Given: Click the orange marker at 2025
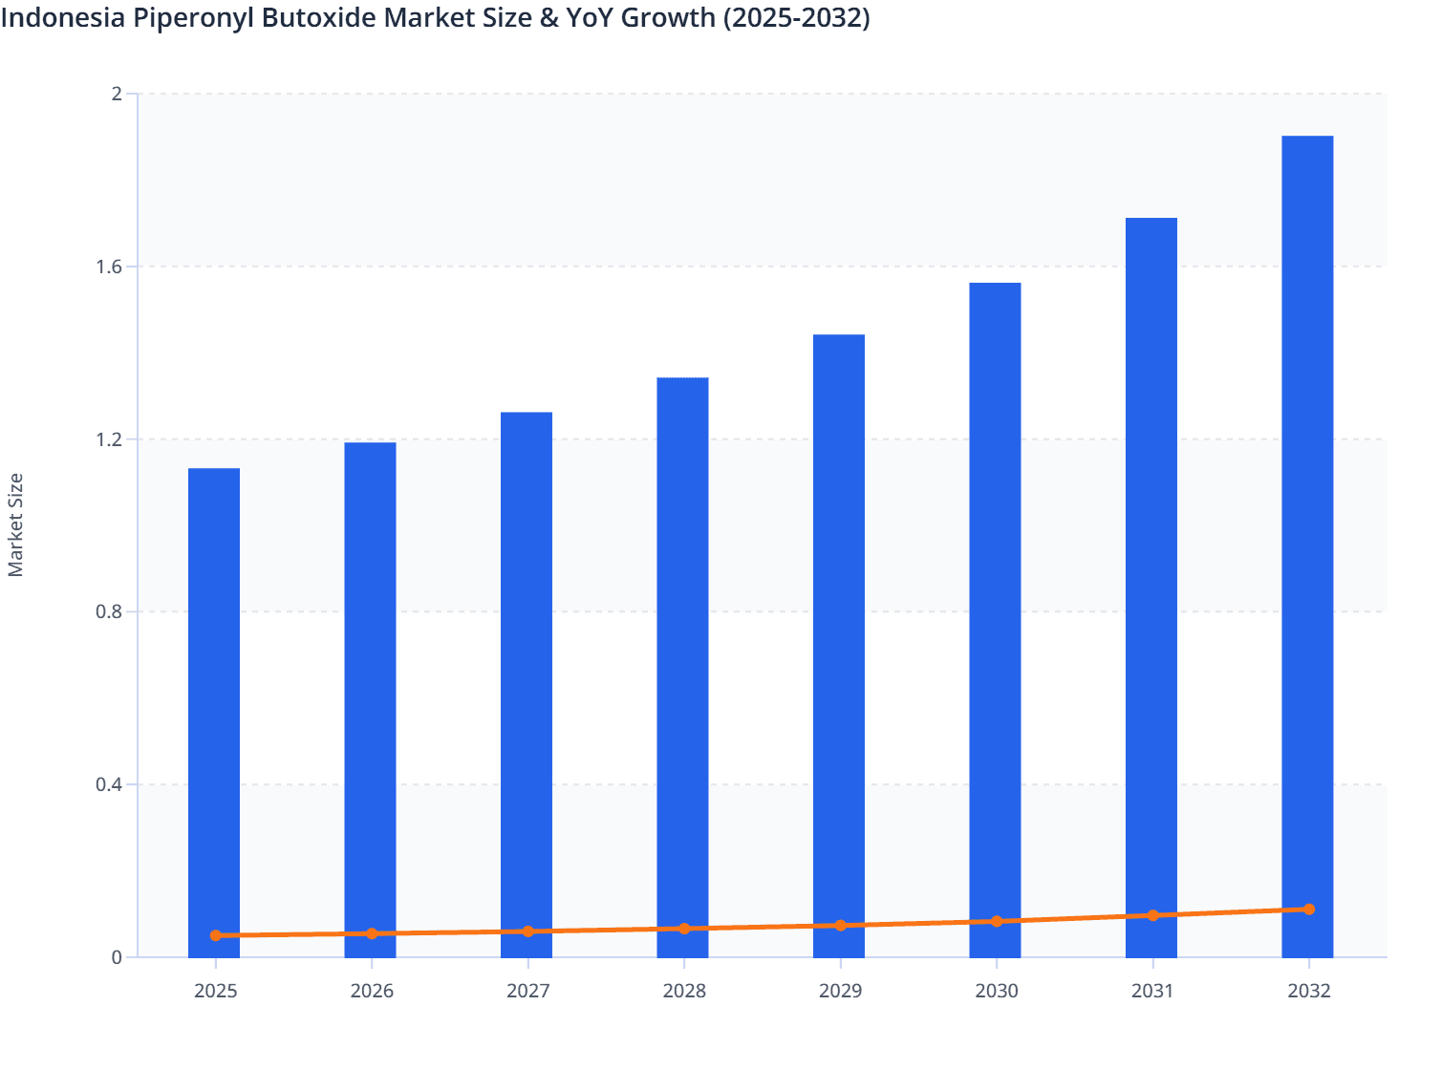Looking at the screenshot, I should [x=216, y=935].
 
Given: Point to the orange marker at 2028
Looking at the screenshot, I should [x=684, y=929].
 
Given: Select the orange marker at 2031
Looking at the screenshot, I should [x=1152, y=915].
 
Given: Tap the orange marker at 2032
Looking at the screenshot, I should [x=1308, y=909].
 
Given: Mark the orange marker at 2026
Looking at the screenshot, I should [x=372, y=933].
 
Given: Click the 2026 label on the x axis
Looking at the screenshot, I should [x=372, y=991].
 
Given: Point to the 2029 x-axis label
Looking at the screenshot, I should [x=840, y=991].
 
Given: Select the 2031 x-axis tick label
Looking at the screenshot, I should [x=1152, y=991].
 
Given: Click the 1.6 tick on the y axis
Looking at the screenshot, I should [x=110, y=267].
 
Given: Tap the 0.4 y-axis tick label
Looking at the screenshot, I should [x=110, y=784].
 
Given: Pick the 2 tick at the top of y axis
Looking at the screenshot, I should [x=117, y=94].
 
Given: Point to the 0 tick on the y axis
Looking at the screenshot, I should [x=117, y=957].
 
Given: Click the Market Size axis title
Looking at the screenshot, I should [x=15, y=525].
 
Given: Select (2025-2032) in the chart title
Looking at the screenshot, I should [x=796, y=17].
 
